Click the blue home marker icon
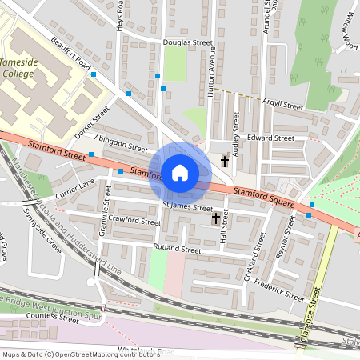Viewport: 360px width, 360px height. coord(180,172)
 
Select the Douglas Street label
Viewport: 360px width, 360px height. coord(186,43)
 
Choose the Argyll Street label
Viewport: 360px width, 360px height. coord(281,106)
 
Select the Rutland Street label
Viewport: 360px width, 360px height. coord(178,250)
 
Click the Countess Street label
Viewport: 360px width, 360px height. coord(52,318)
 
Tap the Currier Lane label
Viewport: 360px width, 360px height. coord(75,189)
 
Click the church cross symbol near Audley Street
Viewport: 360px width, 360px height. coord(225,161)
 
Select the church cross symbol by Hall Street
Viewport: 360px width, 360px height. coord(215,218)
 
